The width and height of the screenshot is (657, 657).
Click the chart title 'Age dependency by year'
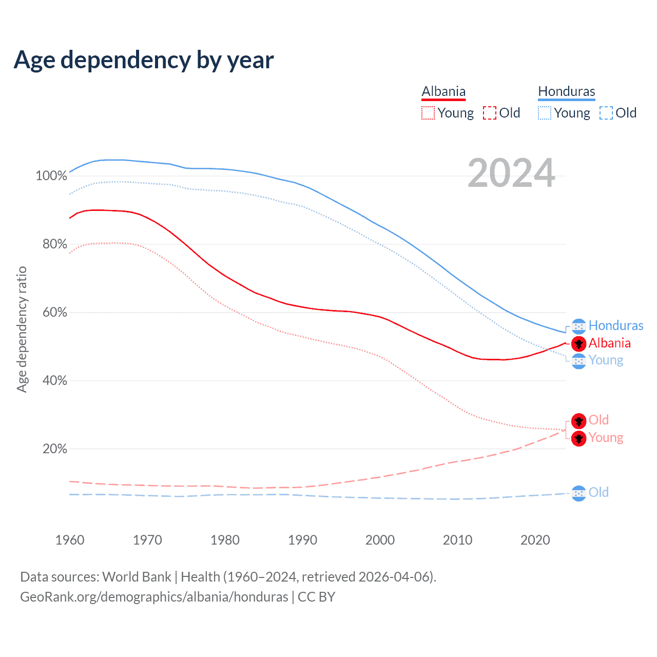144,60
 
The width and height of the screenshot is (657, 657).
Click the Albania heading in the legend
443,91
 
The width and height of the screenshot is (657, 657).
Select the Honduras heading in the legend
566,91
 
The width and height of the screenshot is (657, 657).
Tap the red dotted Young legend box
428,113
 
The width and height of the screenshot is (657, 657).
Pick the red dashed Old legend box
489,113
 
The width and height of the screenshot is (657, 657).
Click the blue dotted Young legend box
544,113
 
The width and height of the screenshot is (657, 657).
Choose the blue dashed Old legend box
606,113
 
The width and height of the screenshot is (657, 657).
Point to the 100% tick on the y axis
51,176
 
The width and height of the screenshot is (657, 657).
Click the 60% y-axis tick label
54,313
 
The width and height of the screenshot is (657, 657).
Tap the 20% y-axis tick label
54,449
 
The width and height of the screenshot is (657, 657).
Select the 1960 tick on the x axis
70,540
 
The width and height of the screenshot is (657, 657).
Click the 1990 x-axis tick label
302,540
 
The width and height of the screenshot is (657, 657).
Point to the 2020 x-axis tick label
535,540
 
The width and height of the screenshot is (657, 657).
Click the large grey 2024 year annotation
511,173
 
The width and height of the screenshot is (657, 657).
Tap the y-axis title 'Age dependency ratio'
22,329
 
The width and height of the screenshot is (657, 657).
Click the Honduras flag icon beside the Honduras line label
578,326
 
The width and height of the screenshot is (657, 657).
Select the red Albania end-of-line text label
609,343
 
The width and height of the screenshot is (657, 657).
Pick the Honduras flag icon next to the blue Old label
578,493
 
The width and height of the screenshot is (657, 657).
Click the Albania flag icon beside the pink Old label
578,421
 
